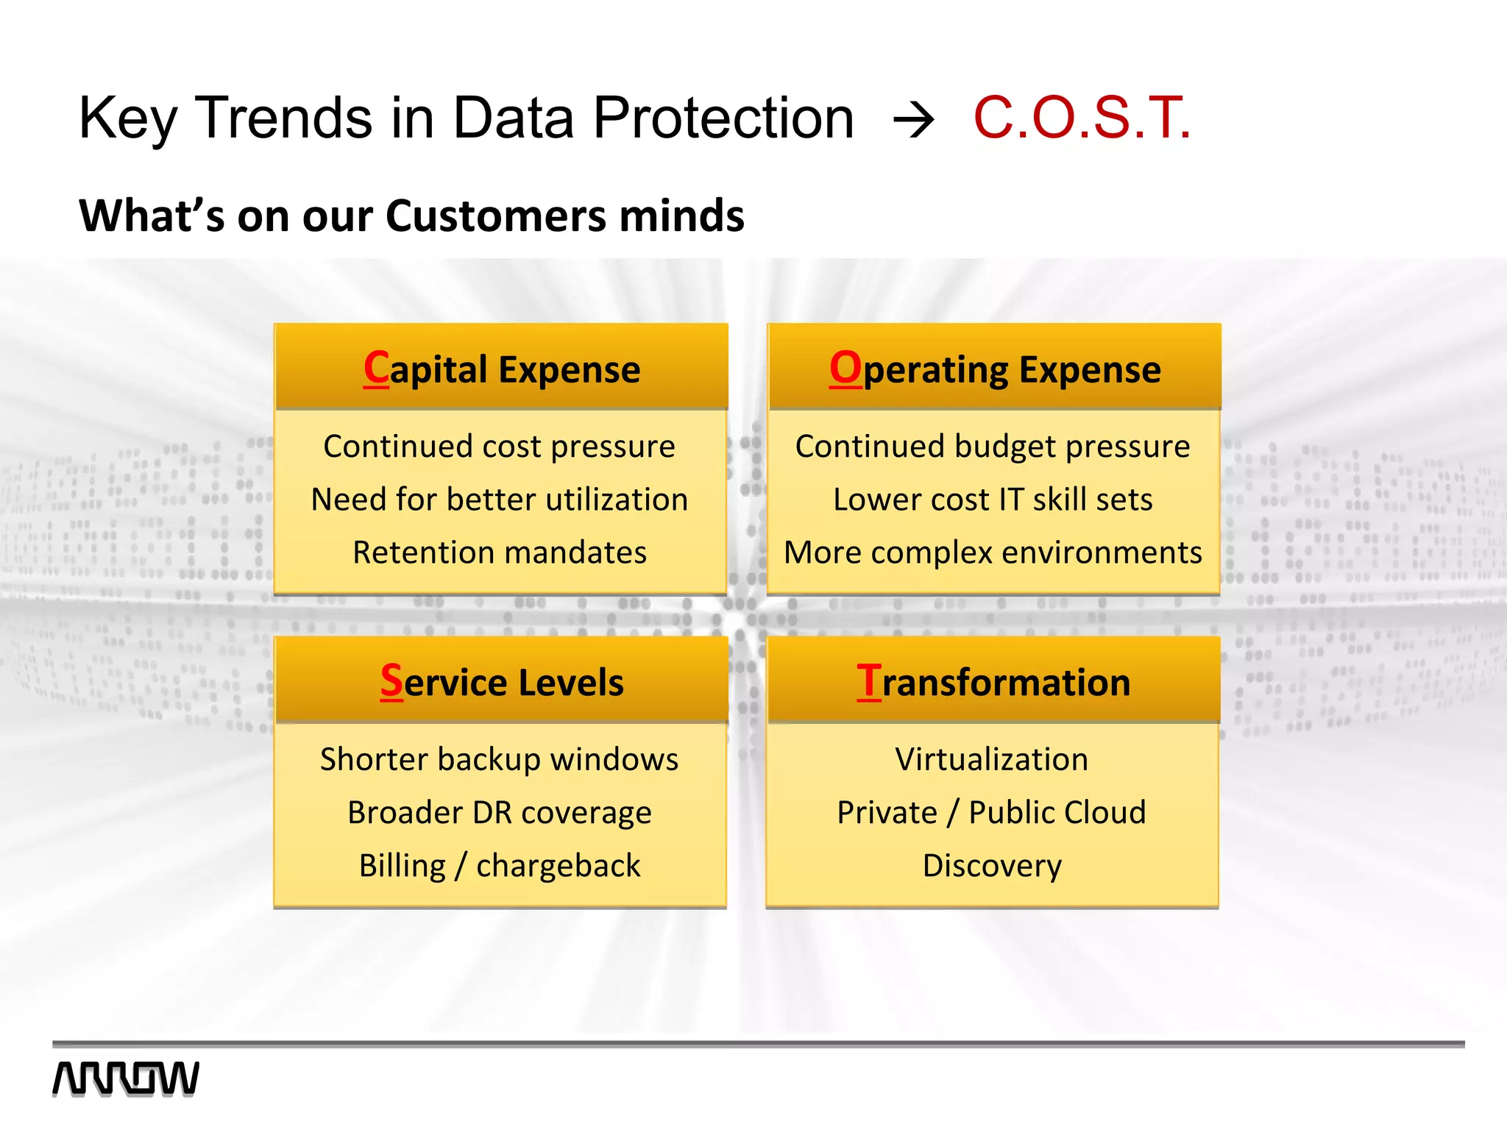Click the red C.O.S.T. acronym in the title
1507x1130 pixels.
pyautogui.click(x=1081, y=118)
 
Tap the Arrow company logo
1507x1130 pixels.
pyautogui.click(x=126, y=1079)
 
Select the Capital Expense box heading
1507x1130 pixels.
pyautogui.click(x=502, y=369)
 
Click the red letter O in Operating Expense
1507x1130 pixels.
pyautogui.click(x=845, y=367)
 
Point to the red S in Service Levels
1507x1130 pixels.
pyautogui.click(x=391, y=681)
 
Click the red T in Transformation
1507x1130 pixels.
pyautogui.click(x=868, y=681)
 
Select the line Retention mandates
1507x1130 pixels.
pyautogui.click(x=500, y=552)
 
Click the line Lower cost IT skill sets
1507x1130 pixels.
pyautogui.click(x=993, y=500)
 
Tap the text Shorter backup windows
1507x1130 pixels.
pyautogui.click(x=500, y=759)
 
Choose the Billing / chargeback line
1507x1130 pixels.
pyautogui.click(x=500, y=866)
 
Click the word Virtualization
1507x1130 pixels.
pyautogui.click(x=991, y=759)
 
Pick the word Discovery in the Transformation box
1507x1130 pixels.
pyautogui.click(x=992, y=866)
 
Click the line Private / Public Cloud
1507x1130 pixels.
pyautogui.click(x=991, y=813)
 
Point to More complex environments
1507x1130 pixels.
pyautogui.click(x=993, y=552)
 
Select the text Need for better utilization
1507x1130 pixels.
pyautogui.click(x=500, y=500)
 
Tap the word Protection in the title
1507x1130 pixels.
pyautogui.click(x=723, y=118)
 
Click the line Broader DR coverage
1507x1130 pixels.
pyautogui.click(x=500, y=813)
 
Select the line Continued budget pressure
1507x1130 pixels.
pyautogui.click(x=993, y=447)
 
